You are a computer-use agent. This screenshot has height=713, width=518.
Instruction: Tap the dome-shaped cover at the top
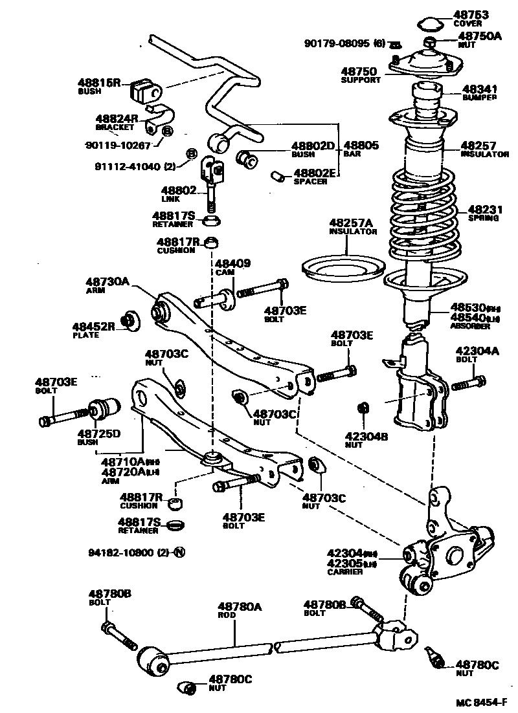pyautogui.click(x=427, y=24)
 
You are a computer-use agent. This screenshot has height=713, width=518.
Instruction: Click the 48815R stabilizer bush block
pyautogui.click(x=145, y=91)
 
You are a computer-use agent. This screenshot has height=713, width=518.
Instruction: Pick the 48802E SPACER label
pyautogui.click(x=315, y=177)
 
